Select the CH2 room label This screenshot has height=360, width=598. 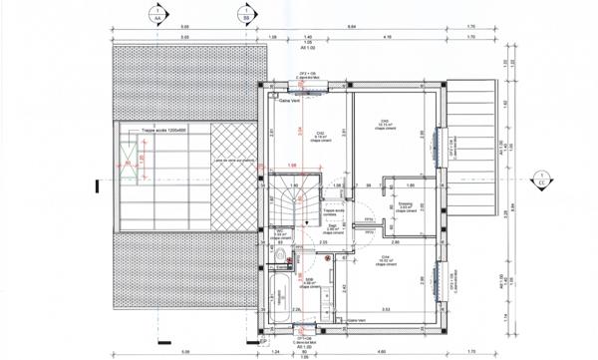pos(321,135)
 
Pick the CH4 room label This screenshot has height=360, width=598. pos(384,260)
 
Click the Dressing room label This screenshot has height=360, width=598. pos(406,206)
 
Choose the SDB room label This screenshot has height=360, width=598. pos(310,281)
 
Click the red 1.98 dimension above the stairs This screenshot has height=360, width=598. pos(292,166)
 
